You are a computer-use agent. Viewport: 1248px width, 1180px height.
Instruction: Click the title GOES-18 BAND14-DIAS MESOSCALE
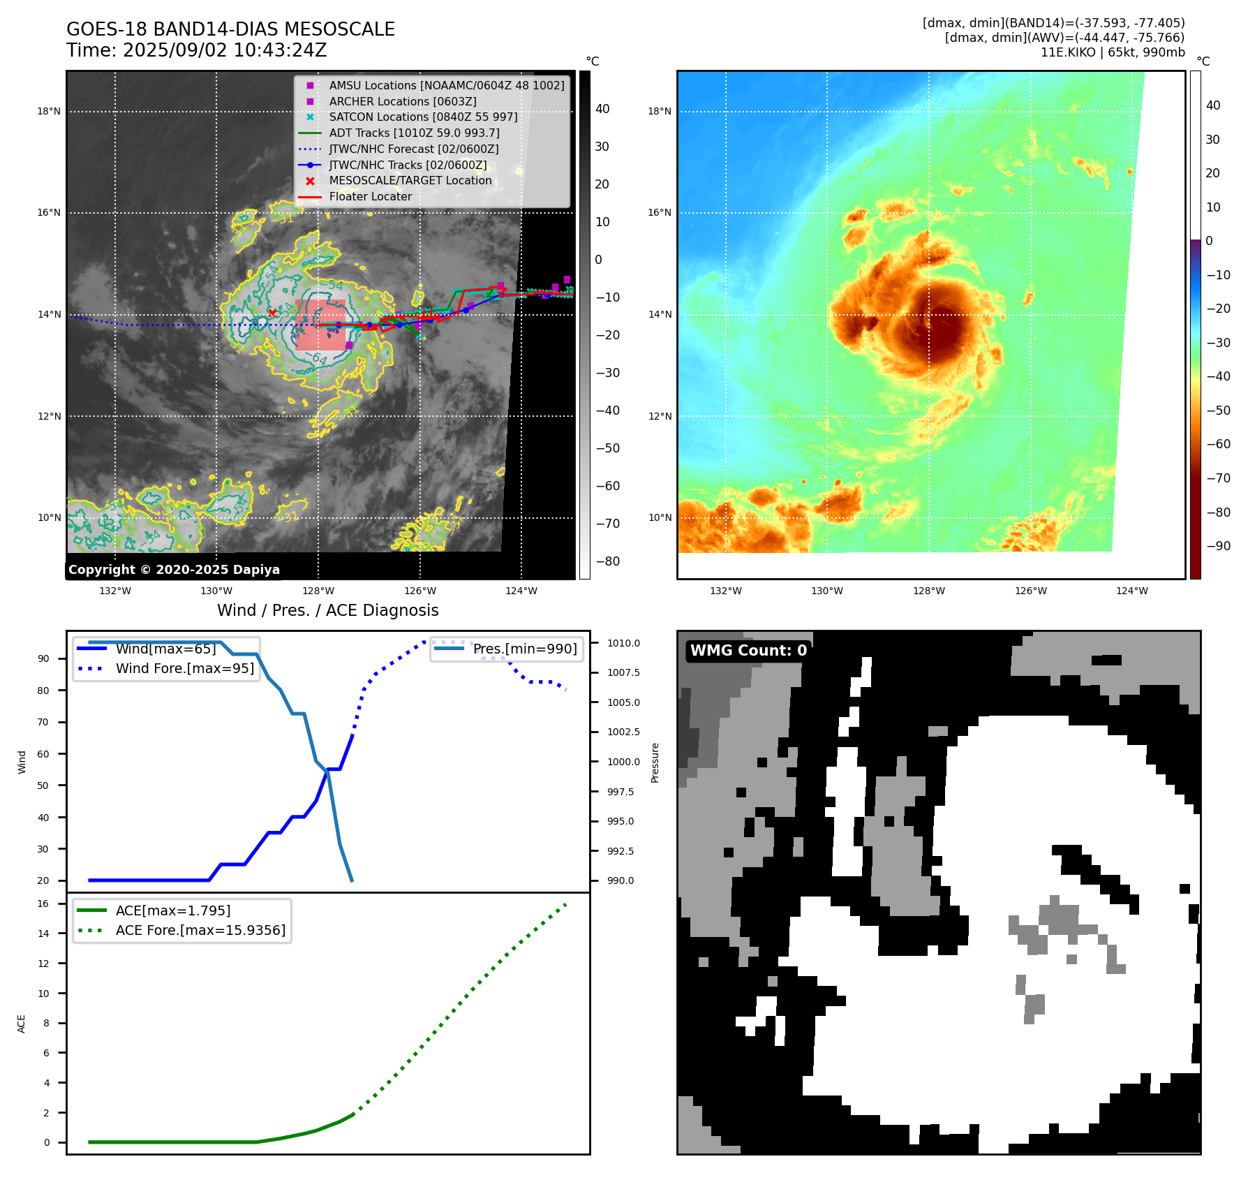(230, 29)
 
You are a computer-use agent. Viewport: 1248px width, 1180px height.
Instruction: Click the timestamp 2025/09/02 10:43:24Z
(225, 50)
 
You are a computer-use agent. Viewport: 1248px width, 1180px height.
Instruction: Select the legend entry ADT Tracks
(414, 133)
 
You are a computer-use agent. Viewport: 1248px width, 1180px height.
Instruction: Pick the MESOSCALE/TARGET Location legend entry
(410, 180)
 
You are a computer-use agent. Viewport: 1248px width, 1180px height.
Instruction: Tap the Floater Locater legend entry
(370, 196)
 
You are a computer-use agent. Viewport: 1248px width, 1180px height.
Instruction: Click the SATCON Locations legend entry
(423, 117)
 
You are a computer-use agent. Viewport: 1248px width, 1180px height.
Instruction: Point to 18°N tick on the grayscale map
(49, 111)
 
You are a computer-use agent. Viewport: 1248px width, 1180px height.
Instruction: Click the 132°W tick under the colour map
(725, 591)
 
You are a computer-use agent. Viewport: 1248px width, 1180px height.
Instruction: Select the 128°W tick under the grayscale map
(318, 591)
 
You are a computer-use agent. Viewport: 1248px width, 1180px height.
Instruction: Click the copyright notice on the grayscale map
(174, 570)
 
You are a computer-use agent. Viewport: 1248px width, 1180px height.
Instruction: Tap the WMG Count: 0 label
(748, 651)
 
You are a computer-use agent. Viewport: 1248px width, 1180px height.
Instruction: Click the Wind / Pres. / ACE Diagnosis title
(328, 610)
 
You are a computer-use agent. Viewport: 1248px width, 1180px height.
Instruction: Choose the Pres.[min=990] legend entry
(525, 649)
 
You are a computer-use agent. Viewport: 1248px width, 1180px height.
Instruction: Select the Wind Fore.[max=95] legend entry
(184, 668)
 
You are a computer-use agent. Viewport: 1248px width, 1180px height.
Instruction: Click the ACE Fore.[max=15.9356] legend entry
(200, 930)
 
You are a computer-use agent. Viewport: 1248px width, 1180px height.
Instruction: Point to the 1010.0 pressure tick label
(623, 643)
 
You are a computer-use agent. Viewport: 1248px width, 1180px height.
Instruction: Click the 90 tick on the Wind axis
(43, 658)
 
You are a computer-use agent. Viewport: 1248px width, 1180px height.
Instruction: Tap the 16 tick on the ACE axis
(43, 904)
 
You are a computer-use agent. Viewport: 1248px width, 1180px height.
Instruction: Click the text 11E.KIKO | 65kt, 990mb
(1113, 52)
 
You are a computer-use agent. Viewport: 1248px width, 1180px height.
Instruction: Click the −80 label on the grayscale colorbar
(607, 561)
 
